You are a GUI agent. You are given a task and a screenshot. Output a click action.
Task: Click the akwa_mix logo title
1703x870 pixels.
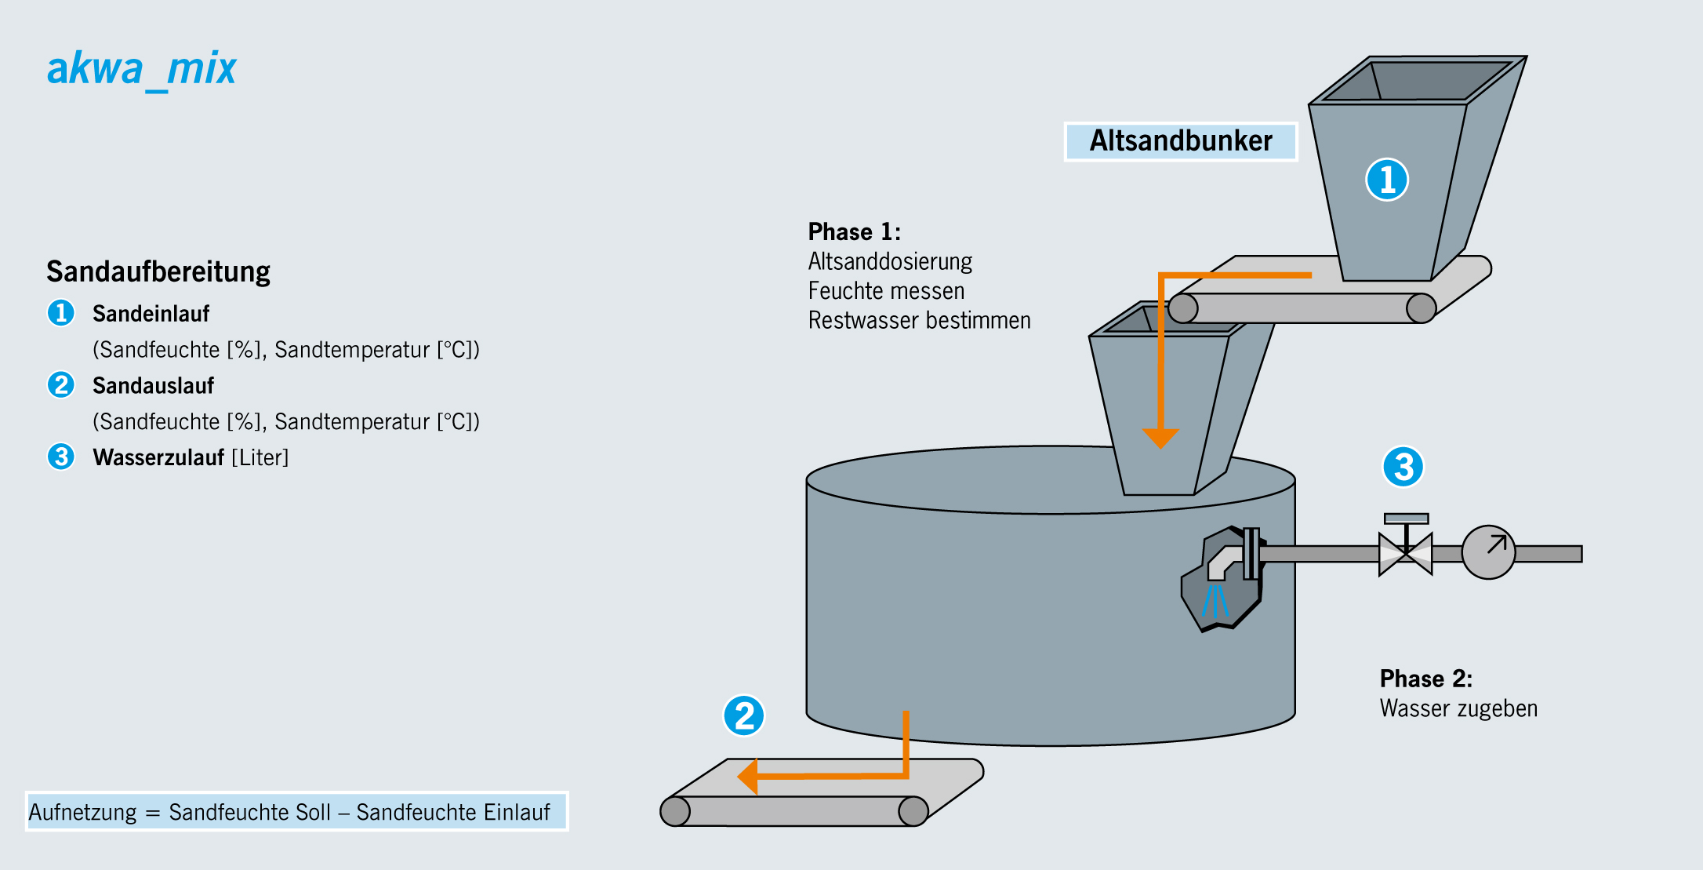click(141, 69)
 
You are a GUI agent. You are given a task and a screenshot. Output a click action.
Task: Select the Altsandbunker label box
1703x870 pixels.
click(1180, 141)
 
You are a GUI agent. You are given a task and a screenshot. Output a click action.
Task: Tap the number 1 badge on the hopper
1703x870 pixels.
click(1387, 180)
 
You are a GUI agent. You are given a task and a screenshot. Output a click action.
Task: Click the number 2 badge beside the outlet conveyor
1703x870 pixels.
click(743, 715)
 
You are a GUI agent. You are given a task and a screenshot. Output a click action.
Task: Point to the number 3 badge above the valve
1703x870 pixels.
click(1403, 467)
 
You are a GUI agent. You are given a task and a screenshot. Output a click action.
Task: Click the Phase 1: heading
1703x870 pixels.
click(854, 232)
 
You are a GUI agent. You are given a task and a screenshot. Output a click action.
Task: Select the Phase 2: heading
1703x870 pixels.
click(1425, 679)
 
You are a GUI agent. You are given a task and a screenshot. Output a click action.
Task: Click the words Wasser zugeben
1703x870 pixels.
click(1458, 708)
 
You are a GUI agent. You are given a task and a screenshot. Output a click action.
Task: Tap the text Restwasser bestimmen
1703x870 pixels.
click(919, 321)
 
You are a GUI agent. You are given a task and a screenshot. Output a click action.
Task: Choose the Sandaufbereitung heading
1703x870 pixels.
click(158, 271)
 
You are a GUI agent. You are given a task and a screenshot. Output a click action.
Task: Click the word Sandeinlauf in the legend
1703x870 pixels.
click(151, 314)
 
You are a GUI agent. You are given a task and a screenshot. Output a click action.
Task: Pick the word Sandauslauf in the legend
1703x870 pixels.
click(153, 386)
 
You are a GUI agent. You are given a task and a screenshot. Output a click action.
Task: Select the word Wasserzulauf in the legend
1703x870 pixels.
click(158, 457)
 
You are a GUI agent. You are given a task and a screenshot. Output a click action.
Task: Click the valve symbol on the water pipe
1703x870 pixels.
click(1406, 553)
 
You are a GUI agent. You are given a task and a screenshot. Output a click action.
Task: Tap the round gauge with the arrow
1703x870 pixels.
click(1488, 552)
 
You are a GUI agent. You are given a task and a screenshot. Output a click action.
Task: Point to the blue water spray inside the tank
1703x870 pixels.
click(1215, 600)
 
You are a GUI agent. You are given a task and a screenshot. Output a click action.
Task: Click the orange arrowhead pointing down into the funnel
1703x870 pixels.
click(1160, 438)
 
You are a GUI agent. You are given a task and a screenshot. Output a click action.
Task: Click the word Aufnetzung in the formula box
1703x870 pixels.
click(82, 812)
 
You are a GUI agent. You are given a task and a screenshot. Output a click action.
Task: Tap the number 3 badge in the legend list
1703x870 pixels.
click(61, 457)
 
